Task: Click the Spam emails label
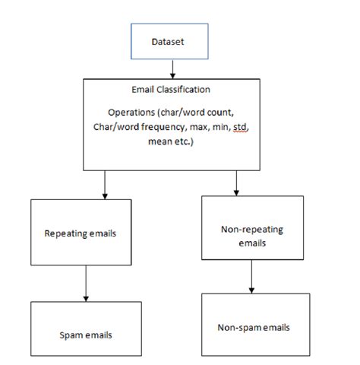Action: [80, 334]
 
